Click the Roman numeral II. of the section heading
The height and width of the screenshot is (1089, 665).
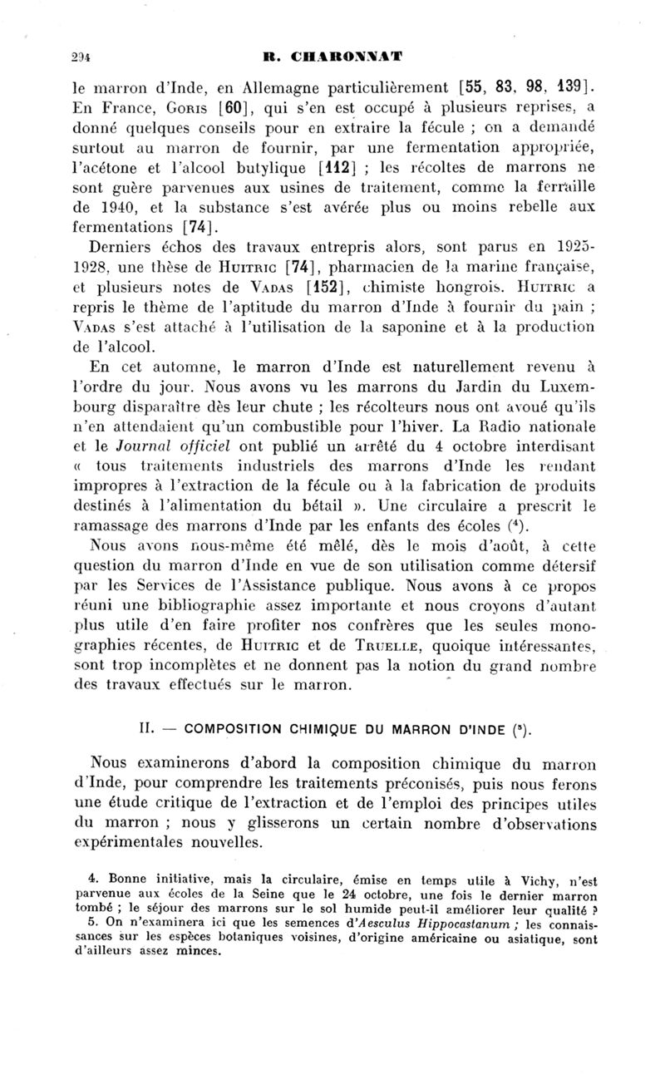(145, 732)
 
